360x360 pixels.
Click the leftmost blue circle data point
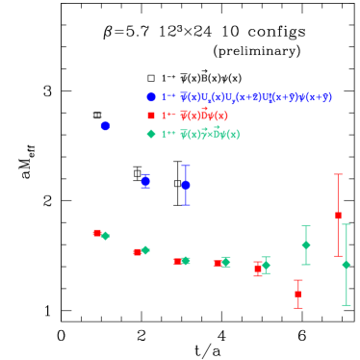tap(105, 125)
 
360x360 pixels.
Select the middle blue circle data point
tap(145, 181)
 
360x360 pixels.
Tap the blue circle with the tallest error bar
tap(186, 185)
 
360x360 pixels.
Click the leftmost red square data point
tap(96, 233)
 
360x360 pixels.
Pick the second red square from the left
tap(137, 252)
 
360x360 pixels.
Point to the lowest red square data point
tap(297, 294)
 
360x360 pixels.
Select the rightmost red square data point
tap(338, 216)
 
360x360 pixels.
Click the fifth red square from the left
tap(257, 269)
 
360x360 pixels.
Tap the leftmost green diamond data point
tap(106, 236)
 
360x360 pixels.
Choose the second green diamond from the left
tap(145, 250)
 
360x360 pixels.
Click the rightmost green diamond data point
tap(346, 265)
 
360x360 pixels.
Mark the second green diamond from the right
tap(306, 244)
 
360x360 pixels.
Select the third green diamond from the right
tap(266, 265)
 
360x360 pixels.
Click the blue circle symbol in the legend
tap(151, 97)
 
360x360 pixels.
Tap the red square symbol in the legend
tap(151, 116)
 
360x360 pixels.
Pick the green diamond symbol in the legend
tap(151, 134)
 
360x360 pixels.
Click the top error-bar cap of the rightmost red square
tap(338, 174)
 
